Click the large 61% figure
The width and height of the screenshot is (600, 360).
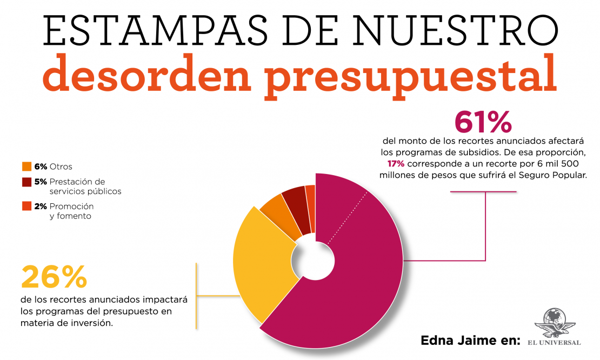coord(483,121)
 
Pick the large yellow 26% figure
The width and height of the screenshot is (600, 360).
coord(54,277)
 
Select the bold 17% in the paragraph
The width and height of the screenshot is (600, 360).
coord(396,163)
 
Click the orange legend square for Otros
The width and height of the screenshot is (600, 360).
coord(26,166)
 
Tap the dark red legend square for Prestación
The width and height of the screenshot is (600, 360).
coord(26,182)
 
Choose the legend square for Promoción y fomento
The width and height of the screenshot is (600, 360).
coord(26,206)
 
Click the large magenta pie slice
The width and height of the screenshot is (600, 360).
coord(357,281)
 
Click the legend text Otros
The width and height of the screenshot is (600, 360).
coord(61,166)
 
